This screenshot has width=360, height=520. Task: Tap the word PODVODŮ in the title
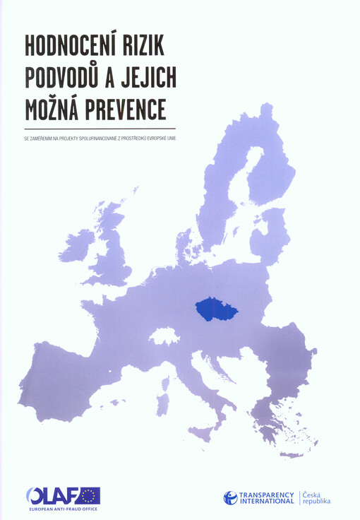tap(68, 78)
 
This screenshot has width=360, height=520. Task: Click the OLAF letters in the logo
tap(52, 496)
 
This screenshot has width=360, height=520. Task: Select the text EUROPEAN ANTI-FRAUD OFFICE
tap(64, 509)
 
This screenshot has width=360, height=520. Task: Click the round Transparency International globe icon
tap(231, 497)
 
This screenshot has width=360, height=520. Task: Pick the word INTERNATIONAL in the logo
tap(267, 502)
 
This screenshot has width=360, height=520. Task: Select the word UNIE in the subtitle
tap(171, 137)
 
